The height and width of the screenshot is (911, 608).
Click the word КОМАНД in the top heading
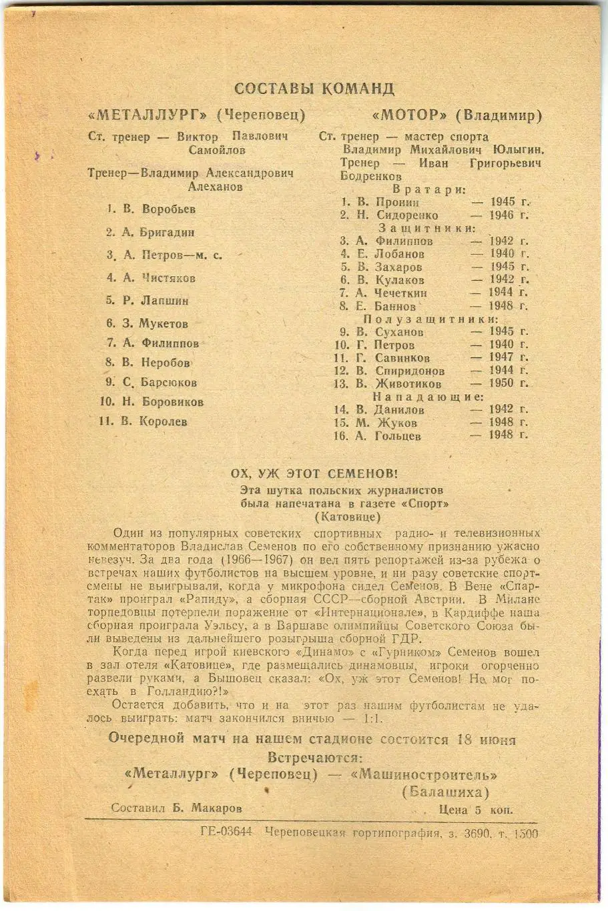(x=357, y=89)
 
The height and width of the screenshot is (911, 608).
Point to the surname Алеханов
(x=215, y=187)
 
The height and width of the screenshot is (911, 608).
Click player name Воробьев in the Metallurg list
(x=169, y=209)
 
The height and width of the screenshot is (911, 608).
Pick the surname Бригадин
(x=168, y=233)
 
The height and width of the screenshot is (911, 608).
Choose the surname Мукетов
(x=164, y=324)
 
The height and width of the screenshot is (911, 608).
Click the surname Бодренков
(x=371, y=177)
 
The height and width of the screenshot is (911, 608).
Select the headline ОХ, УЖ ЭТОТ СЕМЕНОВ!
(x=314, y=474)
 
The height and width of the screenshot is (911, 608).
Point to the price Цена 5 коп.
(x=476, y=810)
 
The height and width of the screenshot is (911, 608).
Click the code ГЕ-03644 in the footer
(x=226, y=833)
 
